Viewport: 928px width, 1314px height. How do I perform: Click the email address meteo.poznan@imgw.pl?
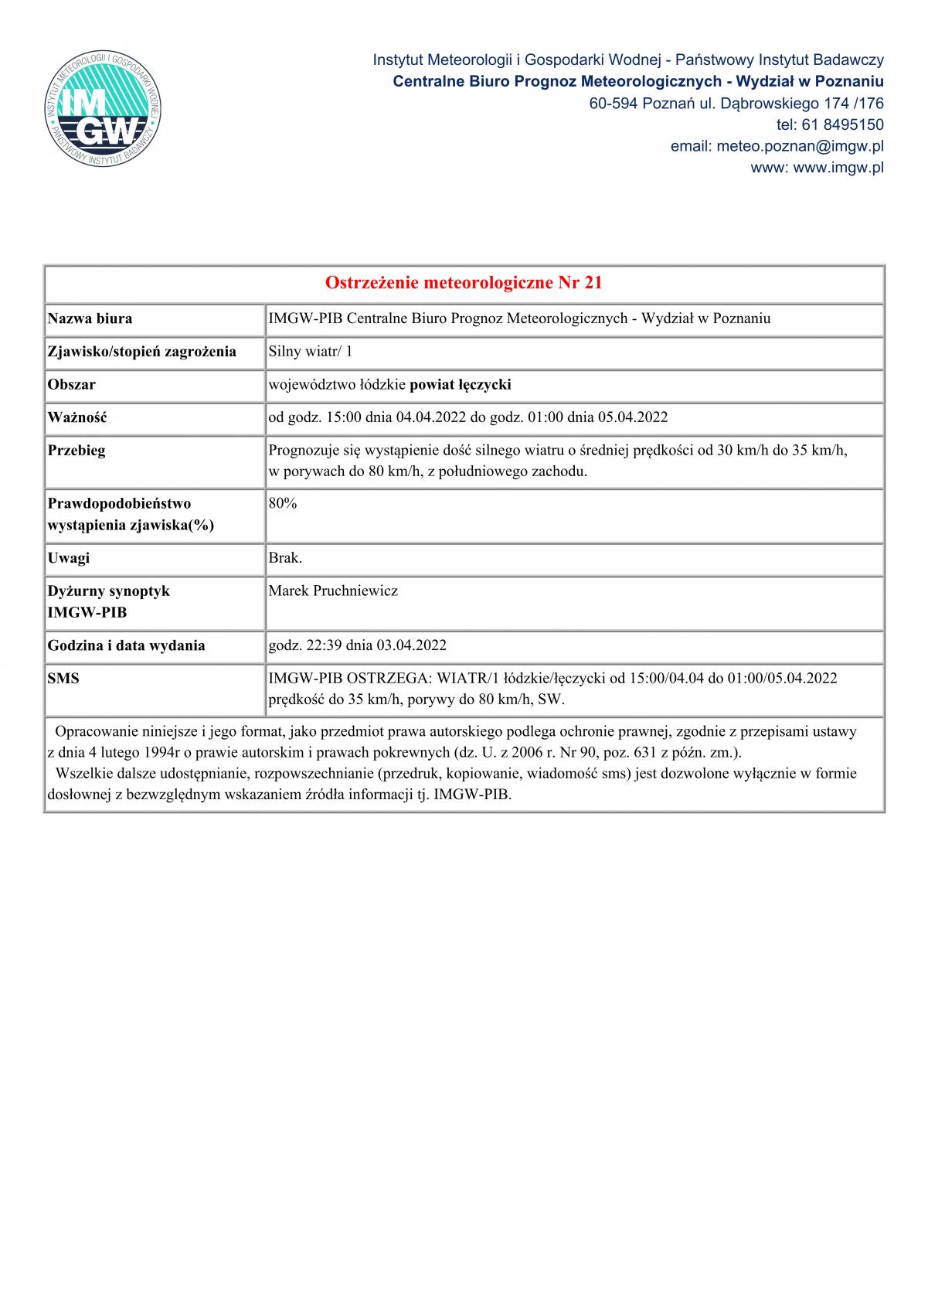click(800, 146)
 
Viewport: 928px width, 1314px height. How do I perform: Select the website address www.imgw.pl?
click(838, 168)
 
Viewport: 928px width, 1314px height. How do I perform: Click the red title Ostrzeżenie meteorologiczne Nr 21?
click(464, 283)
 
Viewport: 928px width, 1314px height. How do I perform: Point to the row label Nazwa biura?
click(90, 318)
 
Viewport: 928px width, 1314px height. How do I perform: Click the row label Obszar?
click(72, 384)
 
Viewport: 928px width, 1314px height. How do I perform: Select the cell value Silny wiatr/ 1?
click(311, 352)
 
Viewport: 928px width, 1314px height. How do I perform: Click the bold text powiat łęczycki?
click(461, 384)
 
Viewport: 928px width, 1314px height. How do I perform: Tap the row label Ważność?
click(77, 417)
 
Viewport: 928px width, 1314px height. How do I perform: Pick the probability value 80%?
click(283, 503)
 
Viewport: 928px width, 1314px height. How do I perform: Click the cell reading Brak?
click(285, 558)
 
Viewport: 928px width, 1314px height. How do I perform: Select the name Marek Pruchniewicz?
click(333, 591)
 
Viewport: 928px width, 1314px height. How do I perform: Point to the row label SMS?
click(63, 679)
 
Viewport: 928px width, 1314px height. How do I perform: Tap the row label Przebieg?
click(76, 451)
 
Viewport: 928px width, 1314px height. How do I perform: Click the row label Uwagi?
click(69, 558)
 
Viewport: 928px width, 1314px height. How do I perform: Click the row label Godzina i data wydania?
click(126, 645)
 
